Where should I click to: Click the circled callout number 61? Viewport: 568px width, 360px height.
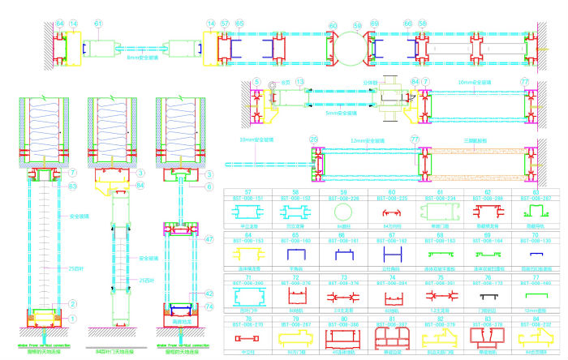click(x=98, y=25)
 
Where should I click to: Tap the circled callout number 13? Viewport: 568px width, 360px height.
click(x=299, y=82)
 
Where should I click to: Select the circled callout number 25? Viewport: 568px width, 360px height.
click(x=312, y=140)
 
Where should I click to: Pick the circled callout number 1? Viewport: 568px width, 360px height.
click(x=72, y=319)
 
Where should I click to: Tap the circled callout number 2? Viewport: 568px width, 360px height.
click(x=72, y=303)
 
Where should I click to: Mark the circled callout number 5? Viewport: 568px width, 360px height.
click(x=256, y=82)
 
